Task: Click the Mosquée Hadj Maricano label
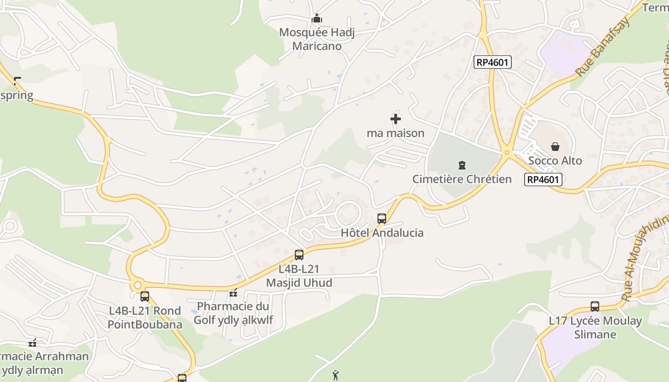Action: pyautogui.click(x=317, y=39)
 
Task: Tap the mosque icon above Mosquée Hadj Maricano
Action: pyautogui.click(x=316, y=19)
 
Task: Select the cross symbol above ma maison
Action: pyautogui.click(x=396, y=119)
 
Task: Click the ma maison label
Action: pyautogui.click(x=396, y=133)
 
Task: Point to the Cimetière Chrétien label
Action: pyautogui.click(x=462, y=179)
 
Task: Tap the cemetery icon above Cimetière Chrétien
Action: pyautogui.click(x=462, y=165)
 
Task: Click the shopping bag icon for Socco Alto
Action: pyautogui.click(x=555, y=147)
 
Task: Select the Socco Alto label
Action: pyautogui.click(x=555, y=160)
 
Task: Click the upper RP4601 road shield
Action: pyautogui.click(x=493, y=62)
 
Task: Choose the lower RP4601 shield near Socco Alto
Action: pyautogui.click(x=543, y=180)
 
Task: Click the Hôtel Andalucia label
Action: pyautogui.click(x=382, y=233)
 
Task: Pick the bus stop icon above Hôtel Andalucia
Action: pyautogui.click(x=381, y=219)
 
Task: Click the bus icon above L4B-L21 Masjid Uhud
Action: pyautogui.click(x=299, y=255)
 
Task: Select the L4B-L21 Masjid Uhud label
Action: pyautogui.click(x=299, y=276)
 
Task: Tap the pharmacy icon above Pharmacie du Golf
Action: pyautogui.click(x=233, y=292)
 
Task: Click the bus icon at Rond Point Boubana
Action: pyautogui.click(x=145, y=297)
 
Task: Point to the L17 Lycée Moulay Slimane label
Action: pyautogui.click(x=595, y=328)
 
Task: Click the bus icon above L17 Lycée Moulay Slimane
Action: pyautogui.click(x=595, y=307)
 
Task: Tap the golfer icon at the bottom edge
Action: pyautogui.click(x=336, y=376)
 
